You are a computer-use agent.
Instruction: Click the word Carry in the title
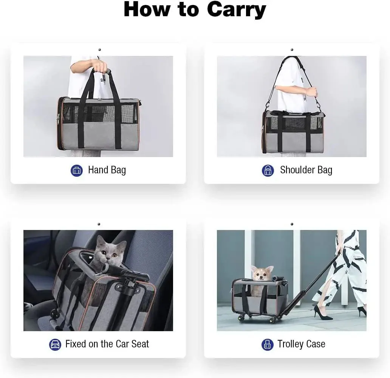[236, 10]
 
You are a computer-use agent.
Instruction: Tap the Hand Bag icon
[77, 170]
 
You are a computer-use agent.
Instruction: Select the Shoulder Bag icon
[268, 170]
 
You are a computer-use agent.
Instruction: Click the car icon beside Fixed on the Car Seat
[55, 344]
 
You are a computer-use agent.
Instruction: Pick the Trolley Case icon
[268, 344]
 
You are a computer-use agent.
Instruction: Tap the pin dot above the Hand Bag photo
[99, 49]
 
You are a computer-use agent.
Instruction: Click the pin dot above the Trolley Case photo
[292, 224]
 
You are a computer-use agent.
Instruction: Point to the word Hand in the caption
[98, 170]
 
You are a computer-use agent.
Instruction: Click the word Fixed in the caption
[76, 344]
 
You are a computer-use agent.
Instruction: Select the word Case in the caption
[316, 344]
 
